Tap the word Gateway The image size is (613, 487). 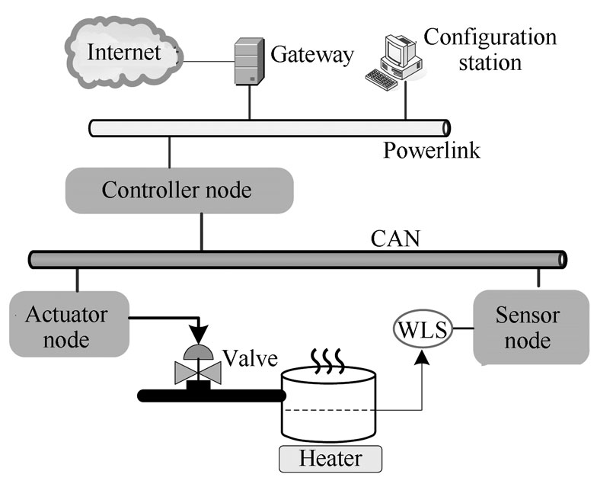[312, 55]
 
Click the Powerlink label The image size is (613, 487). [431, 150]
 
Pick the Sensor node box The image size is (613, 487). [532, 327]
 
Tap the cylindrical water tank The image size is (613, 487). [329, 404]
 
